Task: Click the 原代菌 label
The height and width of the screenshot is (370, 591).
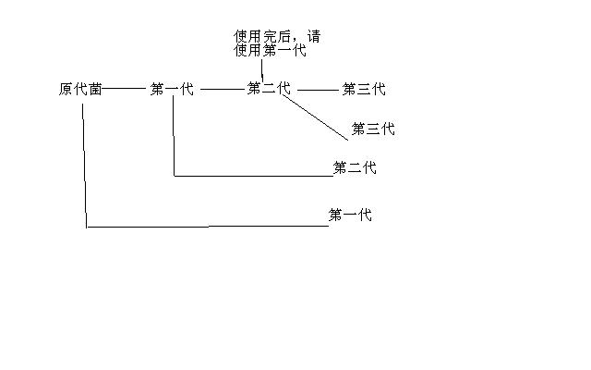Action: pyautogui.click(x=80, y=90)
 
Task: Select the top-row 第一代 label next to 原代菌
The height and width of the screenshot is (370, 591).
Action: pyautogui.click(x=172, y=90)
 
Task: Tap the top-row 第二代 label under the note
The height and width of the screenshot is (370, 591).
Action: pyautogui.click(x=269, y=89)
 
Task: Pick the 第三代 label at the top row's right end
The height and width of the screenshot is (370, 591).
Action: pyautogui.click(x=364, y=90)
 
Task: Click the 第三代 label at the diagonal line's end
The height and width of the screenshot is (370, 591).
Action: pyautogui.click(x=373, y=129)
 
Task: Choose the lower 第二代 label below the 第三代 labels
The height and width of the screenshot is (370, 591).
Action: pyautogui.click(x=355, y=168)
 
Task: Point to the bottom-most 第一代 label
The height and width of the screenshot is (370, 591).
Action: pyautogui.click(x=351, y=216)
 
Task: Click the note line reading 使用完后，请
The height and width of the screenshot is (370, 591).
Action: pyautogui.click(x=278, y=37)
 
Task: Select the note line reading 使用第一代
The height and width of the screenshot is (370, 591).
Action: pyautogui.click(x=270, y=51)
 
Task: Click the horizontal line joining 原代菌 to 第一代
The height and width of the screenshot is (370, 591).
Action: pyautogui.click(x=123, y=90)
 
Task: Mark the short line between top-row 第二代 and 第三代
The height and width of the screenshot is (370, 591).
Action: pyautogui.click(x=319, y=90)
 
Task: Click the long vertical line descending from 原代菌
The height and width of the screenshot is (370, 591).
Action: pyautogui.click(x=85, y=162)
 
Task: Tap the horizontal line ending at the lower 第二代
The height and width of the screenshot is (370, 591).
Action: pyautogui.click(x=253, y=176)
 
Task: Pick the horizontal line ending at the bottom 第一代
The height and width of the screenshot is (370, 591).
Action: pyautogui.click(x=207, y=226)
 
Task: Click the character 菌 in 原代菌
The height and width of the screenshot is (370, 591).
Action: pyautogui.click(x=95, y=90)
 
